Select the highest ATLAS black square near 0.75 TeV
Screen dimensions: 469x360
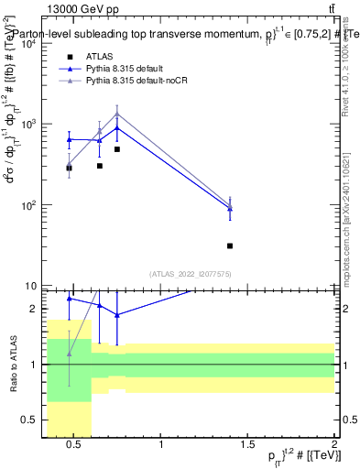click(117, 149)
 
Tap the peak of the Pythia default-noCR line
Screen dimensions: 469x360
click(117, 114)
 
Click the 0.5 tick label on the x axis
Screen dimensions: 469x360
click(74, 447)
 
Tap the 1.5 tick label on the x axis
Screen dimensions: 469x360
click(247, 447)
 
